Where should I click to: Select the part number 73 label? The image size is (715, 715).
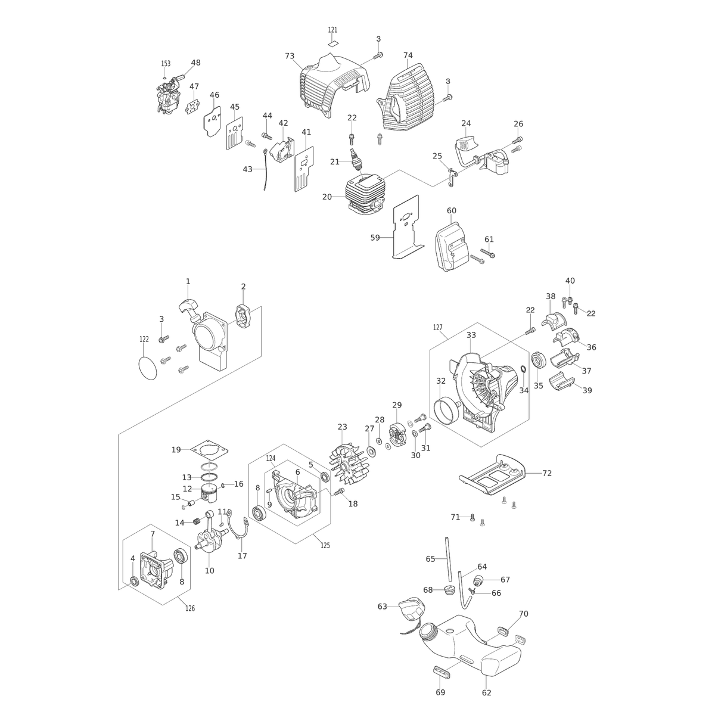click(x=290, y=56)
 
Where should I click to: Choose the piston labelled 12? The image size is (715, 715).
click(x=210, y=494)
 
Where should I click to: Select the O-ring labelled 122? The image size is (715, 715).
click(x=147, y=367)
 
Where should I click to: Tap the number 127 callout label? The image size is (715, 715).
click(x=438, y=327)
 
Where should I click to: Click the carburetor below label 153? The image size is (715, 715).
click(x=169, y=94)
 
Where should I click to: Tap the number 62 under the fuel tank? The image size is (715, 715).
click(x=486, y=693)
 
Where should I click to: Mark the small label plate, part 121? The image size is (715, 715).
click(x=333, y=43)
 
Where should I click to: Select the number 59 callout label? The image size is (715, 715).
click(x=375, y=238)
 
